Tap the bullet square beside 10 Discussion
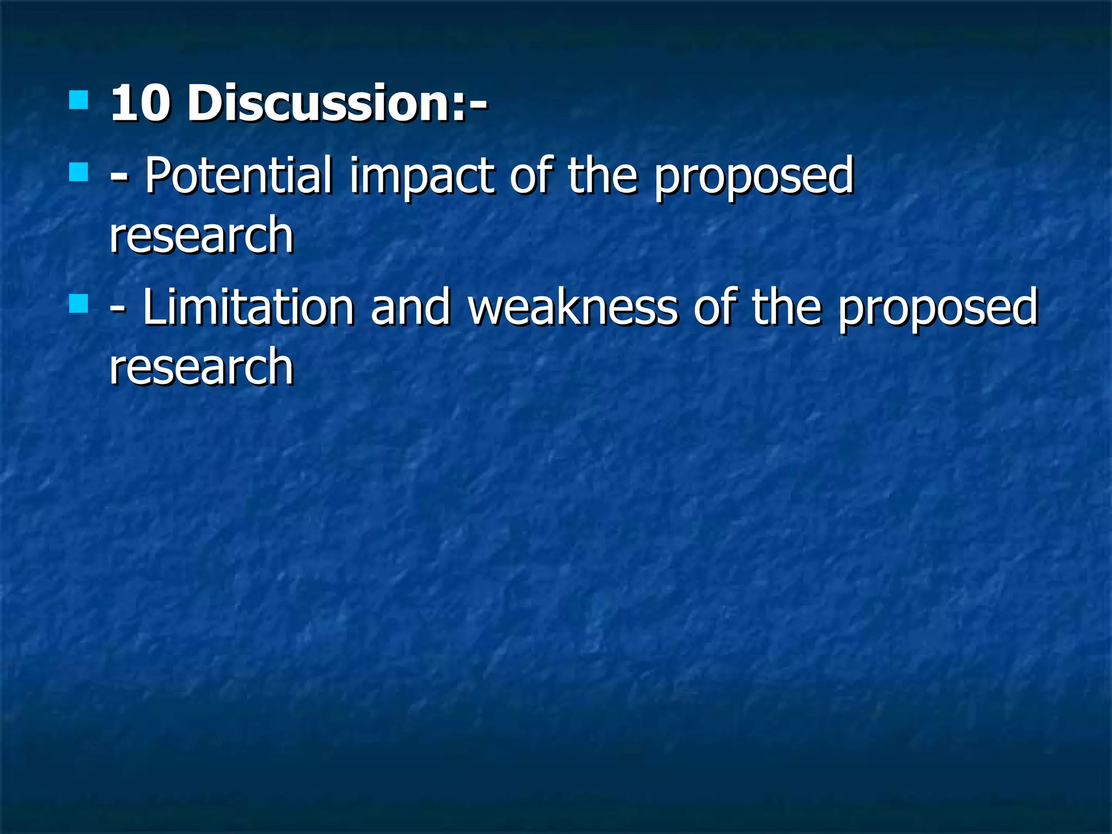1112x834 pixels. [x=79, y=100]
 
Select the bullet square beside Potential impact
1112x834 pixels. [x=79, y=172]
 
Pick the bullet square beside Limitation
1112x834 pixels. [x=79, y=304]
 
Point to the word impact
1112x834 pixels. [x=421, y=177]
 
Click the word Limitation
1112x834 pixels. [x=248, y=307]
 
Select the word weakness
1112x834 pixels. [x=573, y=307]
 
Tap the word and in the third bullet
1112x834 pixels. [x=410, y=307]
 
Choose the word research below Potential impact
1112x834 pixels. [x=201, y=236]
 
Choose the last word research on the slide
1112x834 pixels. [x=201, y=368]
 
